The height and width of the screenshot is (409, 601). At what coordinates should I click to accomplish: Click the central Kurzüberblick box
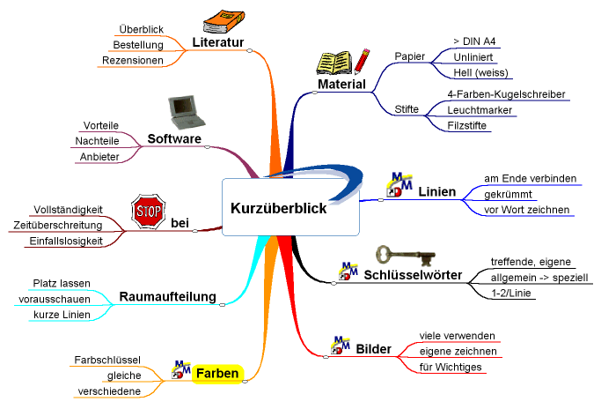point(290,207)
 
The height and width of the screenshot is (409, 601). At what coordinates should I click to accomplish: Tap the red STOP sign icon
point(149,212)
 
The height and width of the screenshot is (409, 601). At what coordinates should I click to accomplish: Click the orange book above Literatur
point(224,22)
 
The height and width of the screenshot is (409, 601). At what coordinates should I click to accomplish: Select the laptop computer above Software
point(187,112)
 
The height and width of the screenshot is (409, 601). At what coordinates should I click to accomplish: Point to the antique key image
point(405,256)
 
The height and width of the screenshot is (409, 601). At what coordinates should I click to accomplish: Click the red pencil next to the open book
point(362,61)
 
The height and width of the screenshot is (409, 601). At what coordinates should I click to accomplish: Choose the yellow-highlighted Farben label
point(217,373)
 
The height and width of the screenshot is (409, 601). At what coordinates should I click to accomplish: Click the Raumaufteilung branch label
point(167,296)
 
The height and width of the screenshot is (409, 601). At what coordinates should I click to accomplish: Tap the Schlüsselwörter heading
point(413,275)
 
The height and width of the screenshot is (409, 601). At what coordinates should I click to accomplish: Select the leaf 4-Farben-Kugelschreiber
point(506,94)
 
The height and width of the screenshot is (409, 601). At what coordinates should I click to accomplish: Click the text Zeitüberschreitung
point(58,225)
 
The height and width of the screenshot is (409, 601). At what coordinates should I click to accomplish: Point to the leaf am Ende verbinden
point(530,178)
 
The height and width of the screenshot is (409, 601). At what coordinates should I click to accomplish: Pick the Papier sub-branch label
point(410,56)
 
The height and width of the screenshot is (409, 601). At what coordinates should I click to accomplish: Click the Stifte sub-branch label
point(407,109)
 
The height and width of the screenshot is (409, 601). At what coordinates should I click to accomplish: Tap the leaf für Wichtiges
point(451,368)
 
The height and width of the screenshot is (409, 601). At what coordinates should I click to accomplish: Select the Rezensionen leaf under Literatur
point(133,60)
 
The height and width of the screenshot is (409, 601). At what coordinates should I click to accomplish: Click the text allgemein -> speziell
point(539,278)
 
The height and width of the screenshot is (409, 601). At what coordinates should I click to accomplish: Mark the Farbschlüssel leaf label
point(107,360)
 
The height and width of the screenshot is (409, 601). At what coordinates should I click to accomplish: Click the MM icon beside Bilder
point(341,345)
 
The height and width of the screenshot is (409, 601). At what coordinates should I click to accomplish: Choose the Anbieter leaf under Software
point(99,157)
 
